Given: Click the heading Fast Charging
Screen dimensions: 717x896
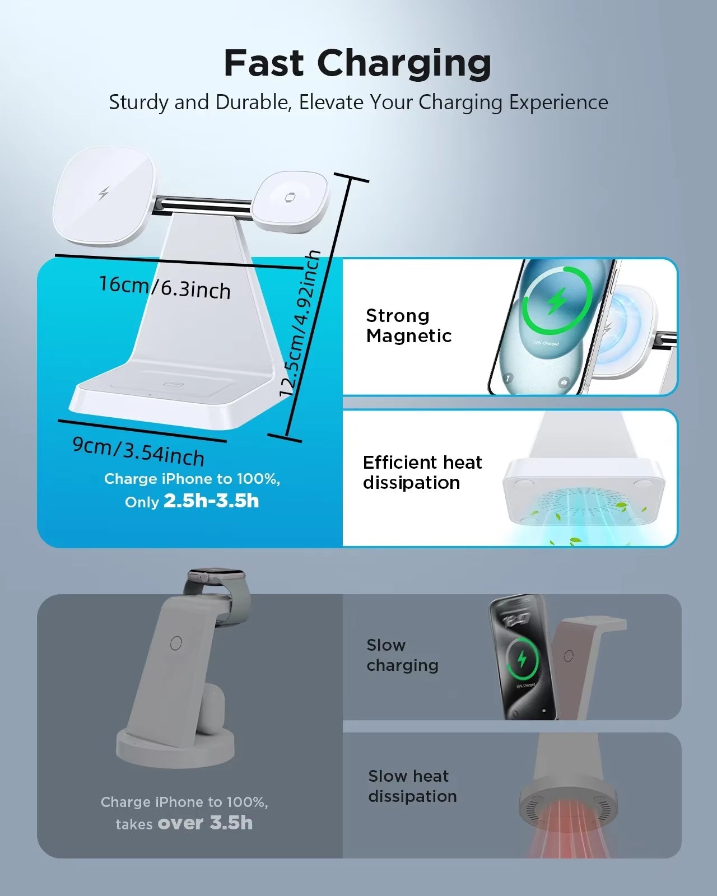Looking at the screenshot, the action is pyautogui.click(x=357, y=63).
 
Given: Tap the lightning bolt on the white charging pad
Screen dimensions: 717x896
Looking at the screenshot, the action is pyautogui.click(x=103, y=193).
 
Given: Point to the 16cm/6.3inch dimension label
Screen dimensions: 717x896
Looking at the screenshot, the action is pyautogui.click(x=165, y=287).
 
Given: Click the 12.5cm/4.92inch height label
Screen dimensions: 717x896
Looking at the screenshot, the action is pyautogui.click(x=300, y=323).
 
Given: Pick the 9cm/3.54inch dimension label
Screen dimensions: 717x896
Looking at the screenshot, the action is pyautogui.click(x=138, y=451).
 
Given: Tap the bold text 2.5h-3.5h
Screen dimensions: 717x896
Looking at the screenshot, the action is pyautogui.click(x=211, y=501).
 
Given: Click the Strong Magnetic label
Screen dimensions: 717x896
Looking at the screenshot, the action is pyautogui.click(x=409, y=325).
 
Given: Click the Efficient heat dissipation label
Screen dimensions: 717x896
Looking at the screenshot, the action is pyautogui.click(x=422, y=473).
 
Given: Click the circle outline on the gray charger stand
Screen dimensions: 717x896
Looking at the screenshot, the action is pyautogui.click(x=176, y=643).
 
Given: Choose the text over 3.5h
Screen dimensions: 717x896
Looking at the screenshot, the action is pyautogui.click(x=205, y=823).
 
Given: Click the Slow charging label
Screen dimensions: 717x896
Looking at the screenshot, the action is pyautogui.click(x=402, y=655).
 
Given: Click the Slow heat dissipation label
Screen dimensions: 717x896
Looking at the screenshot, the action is pyautogui.click(x=412, y=786).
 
